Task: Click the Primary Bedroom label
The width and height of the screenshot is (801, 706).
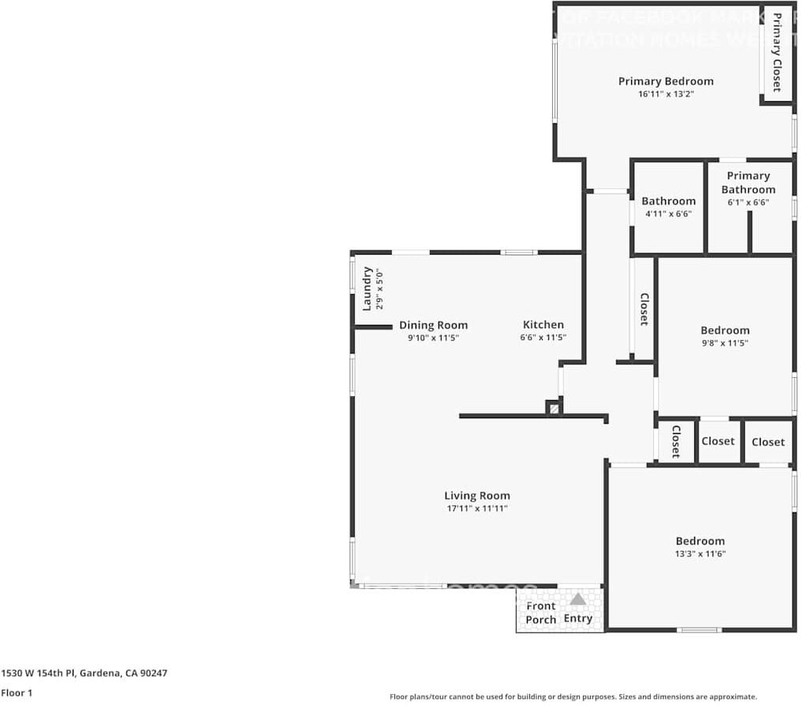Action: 665,81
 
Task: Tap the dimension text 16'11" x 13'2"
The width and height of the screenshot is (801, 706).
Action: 665,94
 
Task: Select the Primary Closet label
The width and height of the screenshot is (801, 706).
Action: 777,53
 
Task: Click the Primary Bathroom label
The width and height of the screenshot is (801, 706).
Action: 747,183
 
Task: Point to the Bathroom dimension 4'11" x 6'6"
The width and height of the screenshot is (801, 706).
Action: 668,214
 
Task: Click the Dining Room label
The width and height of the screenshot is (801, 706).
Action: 433,325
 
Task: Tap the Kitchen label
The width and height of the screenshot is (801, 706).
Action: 543,325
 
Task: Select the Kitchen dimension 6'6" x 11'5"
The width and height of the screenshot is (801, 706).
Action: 543,338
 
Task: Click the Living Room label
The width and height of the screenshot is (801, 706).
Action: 476,496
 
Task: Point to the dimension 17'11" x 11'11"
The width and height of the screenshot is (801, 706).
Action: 476,508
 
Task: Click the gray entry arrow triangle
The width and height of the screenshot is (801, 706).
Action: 578,599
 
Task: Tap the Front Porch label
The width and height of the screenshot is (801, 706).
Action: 541,613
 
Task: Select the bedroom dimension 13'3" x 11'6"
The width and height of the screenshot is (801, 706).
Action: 700,554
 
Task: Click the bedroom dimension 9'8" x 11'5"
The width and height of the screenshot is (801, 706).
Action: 724,343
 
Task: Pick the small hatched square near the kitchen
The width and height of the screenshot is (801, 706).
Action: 554,409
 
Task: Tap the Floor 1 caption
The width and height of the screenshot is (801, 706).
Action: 17,693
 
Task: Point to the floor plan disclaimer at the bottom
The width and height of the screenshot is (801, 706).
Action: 573,697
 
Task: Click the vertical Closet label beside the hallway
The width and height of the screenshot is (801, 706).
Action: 644,309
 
